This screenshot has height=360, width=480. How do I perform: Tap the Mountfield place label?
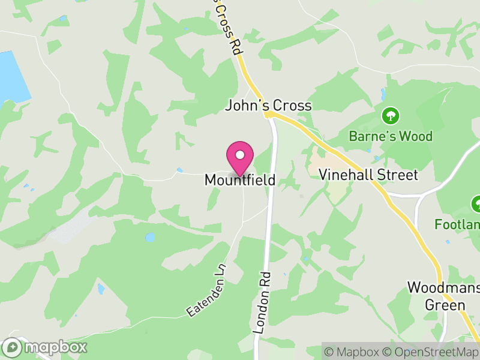tap(240, 179)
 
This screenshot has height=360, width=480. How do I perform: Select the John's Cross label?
tap(268, 106)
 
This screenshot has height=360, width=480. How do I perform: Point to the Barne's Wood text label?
tap(391, 136)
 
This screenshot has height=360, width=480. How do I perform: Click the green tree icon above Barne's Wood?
tap(391, 115)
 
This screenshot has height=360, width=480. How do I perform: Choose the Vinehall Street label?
tap(368, 175)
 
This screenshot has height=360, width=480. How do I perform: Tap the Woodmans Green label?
tap(445, 296)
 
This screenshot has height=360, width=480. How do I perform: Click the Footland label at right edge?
tap(457, 224)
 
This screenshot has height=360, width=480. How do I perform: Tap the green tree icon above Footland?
tap(477, 204)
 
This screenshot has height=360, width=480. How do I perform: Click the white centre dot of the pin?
tap(240, 155)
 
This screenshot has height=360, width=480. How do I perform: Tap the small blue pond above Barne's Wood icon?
tap(383, 95)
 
